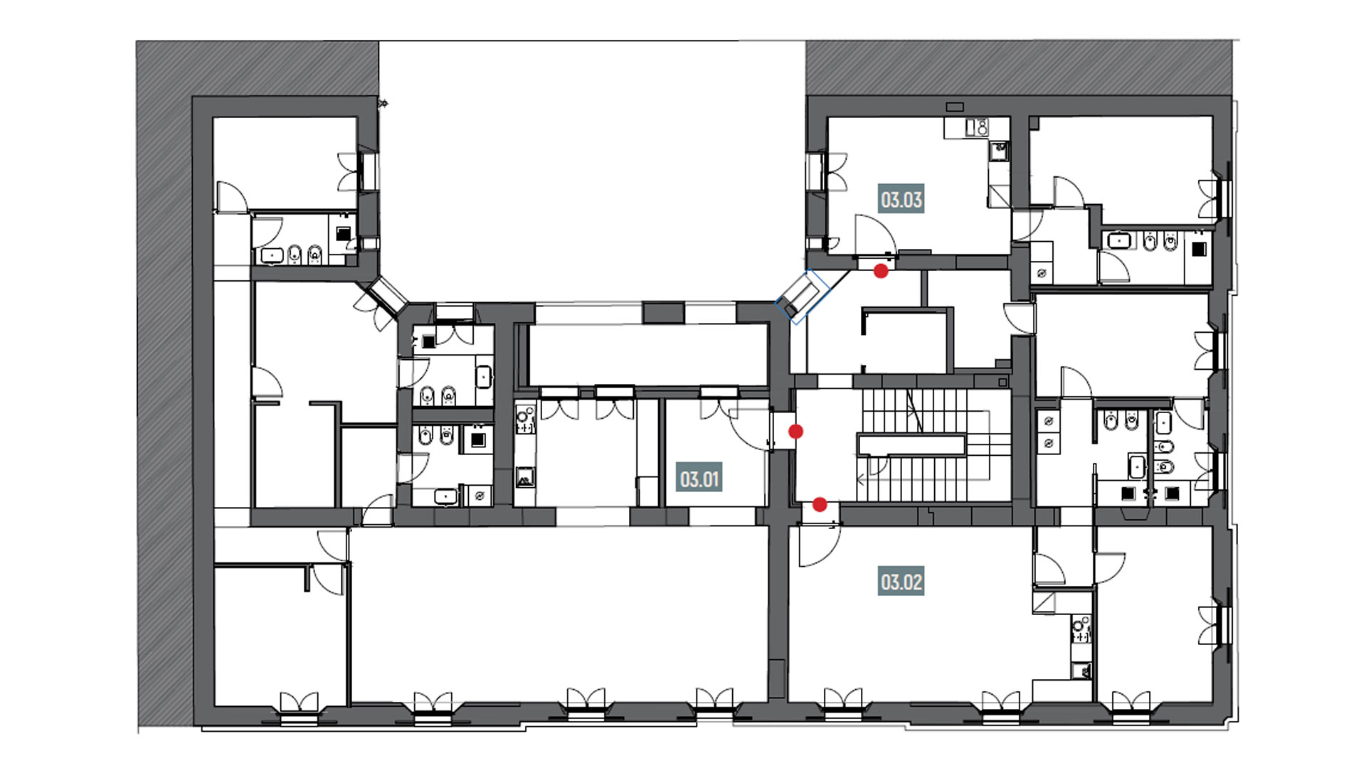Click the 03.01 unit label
pyautogui.click(x=700, y=479)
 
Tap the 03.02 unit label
pyautogui.click(x=901, y=582)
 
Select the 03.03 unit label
pyautogui.click(x=901, y=199)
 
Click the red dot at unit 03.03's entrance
pyautogui.click(x=881, y=271)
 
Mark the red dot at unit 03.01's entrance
pyautogui.click(x=796, y=431)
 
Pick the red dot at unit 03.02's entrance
pyautogui.click(x=820, y=505)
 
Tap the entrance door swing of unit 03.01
pyautogui.click(x=751, y=429)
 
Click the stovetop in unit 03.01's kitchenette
pyautogui.click(x=525, y=419)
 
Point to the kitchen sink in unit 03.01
pyautogui.click(x=524, y=477)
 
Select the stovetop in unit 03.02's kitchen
pyautogui.click(x=1081, y=629)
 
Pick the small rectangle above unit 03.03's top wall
pyautogui.click(x=955, y=107)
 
